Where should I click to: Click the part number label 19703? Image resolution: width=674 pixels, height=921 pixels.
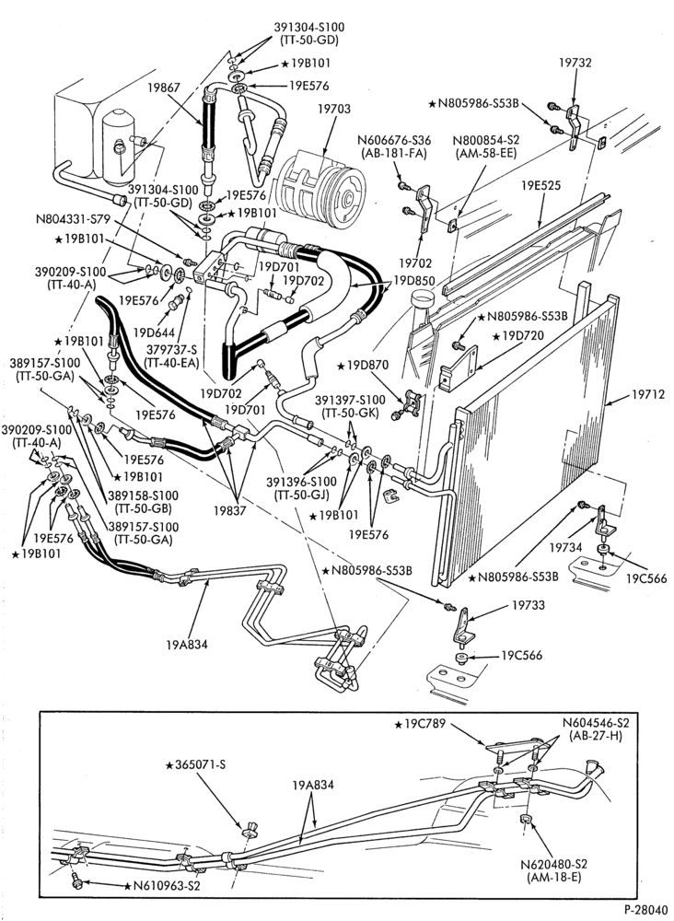click(x=334, y=110)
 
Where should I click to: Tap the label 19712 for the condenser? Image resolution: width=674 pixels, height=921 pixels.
click(x=648, y=395)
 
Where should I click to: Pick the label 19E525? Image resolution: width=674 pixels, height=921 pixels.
click(x=540, y=186)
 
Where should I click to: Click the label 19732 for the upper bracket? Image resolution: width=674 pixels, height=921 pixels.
click(x=575, y=63)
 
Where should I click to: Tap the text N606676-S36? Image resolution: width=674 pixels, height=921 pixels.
click(x=394, y=140)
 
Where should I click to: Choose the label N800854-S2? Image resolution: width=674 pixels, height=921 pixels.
click(x=487, y=140)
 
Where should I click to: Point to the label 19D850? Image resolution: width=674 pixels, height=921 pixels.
click(x=414, y=281)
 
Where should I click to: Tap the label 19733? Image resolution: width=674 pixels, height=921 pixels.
click(x=529, y=604)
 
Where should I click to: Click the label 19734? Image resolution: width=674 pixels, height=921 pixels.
click(x=566, y=547)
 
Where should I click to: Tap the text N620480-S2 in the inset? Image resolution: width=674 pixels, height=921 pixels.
click(x=554, y=864)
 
